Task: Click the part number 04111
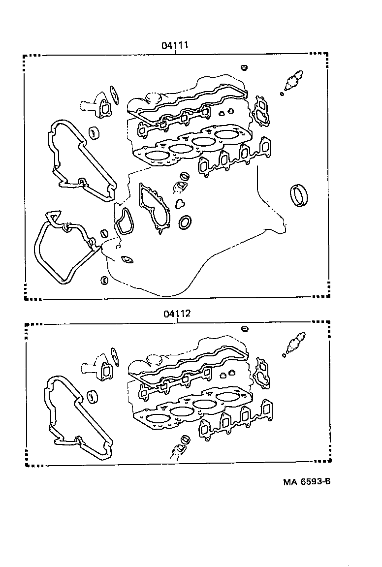[176, 46]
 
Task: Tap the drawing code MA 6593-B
[306, 481]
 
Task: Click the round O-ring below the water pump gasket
[186, 222]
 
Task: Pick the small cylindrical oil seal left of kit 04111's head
[94, 133]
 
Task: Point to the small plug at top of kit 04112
[244, 328]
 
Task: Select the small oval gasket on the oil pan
[127, 259]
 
